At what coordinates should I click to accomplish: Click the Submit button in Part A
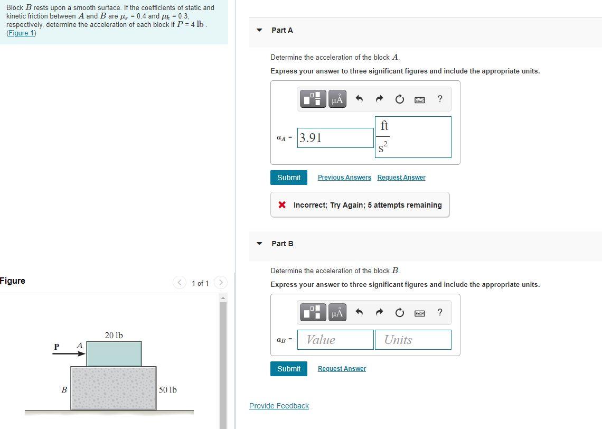click(x=289, y=178)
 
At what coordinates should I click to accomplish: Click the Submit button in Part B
click(x=289, y=369)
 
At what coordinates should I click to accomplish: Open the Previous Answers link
click(x=344, y=178)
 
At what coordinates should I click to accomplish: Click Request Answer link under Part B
click(x=342, y=369)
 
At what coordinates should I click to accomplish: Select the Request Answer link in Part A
click(x=401, y=178)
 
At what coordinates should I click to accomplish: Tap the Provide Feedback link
click(x=279, y=406)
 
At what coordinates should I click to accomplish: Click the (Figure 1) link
click(x=21, y=33)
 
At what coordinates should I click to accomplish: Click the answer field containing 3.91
click(x=335, y=138)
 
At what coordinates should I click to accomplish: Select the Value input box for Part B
click(x=335, y=340)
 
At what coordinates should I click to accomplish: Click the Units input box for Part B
click(x=412, y=340)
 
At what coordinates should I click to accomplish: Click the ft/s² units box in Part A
click(x=413, y=137)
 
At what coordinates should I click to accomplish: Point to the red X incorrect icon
click(x=283, y=205)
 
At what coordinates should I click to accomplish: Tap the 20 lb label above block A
click(x=114, y=335)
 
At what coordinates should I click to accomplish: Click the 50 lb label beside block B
click(x=168, y=390)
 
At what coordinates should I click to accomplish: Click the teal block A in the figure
click(x=114, y=353)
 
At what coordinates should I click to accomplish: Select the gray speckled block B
click(x=114, y=388)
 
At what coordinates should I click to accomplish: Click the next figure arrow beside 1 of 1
click(x=221, y=283)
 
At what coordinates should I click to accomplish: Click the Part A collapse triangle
click(x=259, y=30)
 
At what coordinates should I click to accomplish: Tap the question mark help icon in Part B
click(x=440, y=312)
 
